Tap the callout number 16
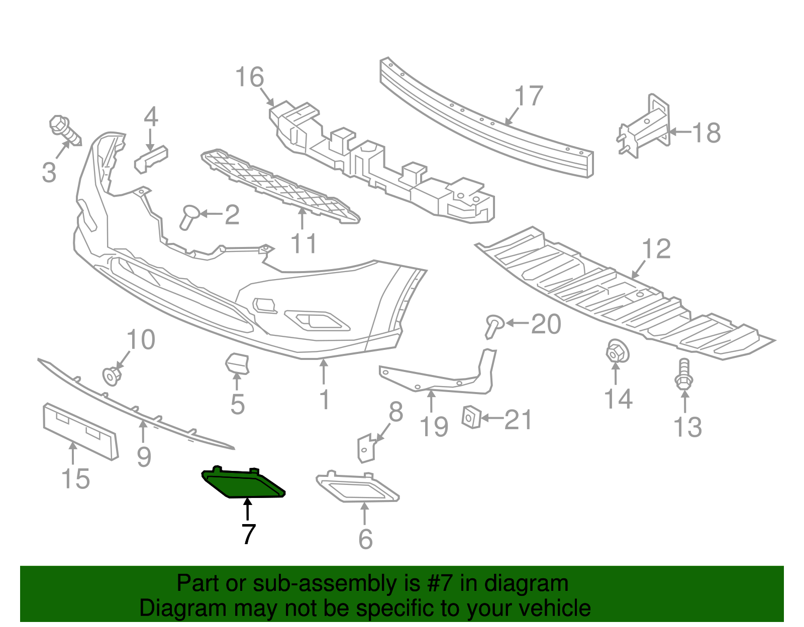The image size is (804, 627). (249, 78)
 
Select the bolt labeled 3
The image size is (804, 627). (65, 130)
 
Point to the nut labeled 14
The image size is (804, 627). (617, 351)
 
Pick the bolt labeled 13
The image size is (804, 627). (683, 375)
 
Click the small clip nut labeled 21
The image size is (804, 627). (471, 417)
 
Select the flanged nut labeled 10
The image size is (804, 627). (112, 375)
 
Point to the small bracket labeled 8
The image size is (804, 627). (366, 448)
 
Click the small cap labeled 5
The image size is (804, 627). (237, 363)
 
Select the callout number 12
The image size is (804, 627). (656, 249)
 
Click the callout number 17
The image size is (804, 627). (529, 96)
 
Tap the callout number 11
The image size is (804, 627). (304, 244)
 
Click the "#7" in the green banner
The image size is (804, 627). (440, 584)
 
